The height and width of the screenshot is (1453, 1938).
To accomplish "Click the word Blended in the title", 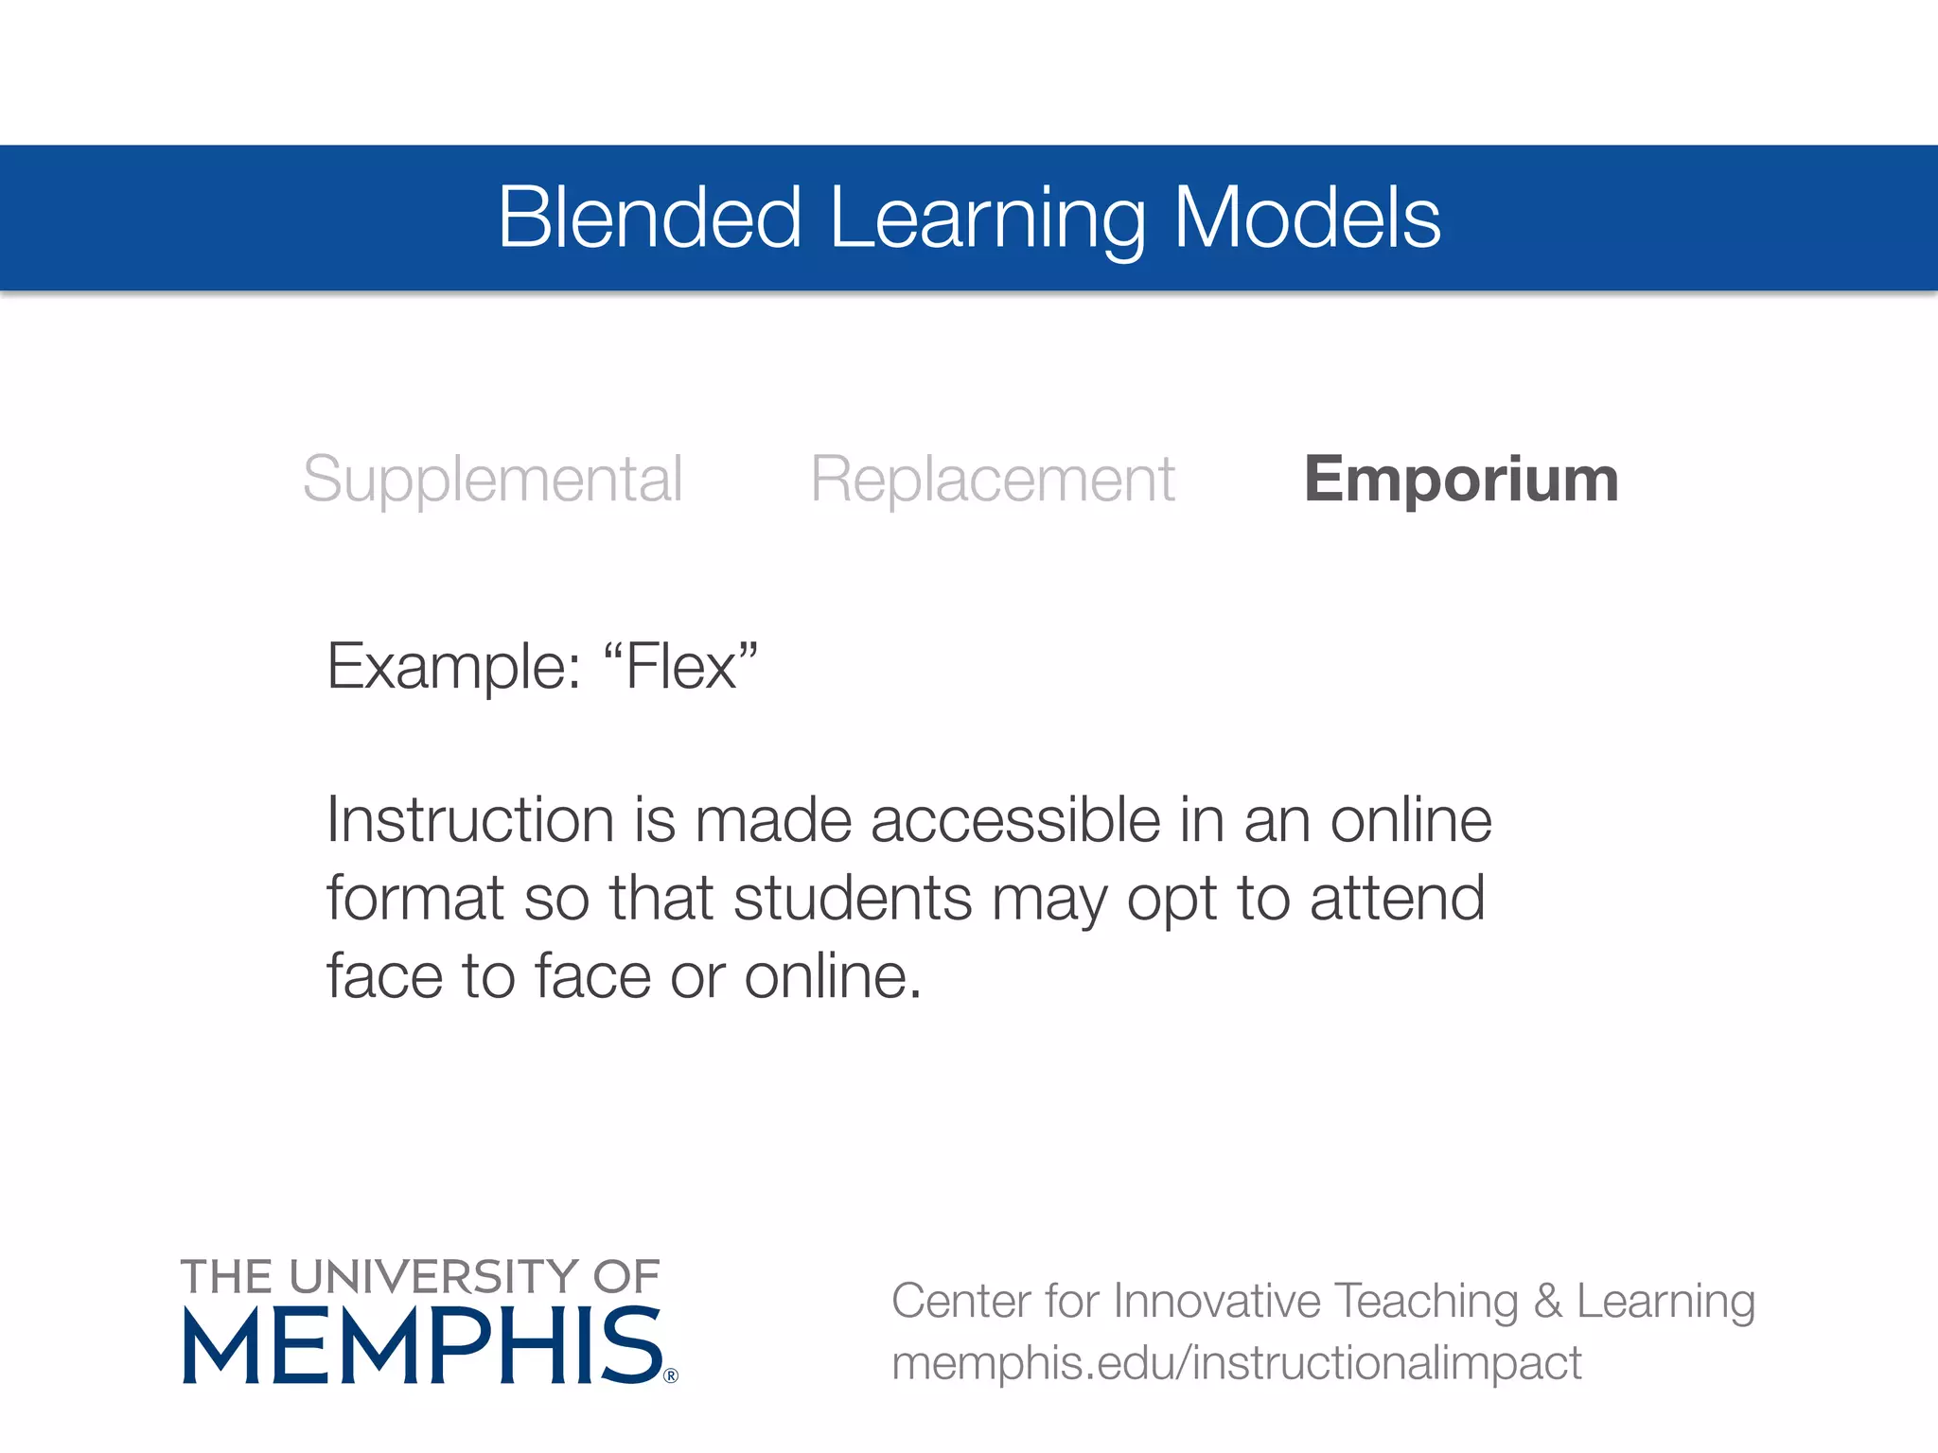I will coord(649,218).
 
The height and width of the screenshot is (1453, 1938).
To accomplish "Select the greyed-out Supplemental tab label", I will coord(492,481).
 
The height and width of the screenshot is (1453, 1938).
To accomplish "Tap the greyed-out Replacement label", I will coord(992,481).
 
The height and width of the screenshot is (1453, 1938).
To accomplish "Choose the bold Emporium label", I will coord(1461,479).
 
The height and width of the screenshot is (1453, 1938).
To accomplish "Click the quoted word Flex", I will coord(680,667).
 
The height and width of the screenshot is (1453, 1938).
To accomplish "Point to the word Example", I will coord(453,667).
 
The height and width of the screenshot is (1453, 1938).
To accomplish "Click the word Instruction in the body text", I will coord(470,819).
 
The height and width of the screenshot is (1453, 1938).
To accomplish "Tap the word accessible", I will coord(1014,819).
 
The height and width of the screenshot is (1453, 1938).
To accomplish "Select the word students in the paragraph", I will coord(853,898).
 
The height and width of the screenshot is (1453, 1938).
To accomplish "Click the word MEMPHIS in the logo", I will coord(422,1346).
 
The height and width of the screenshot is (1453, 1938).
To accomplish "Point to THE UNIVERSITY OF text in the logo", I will coord(420,1277).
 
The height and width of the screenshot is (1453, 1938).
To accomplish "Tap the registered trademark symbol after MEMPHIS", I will coord(671,1375).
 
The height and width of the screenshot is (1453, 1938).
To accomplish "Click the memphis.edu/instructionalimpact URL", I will coord(1236,1363).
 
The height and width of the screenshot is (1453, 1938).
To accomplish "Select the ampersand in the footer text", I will coord(1547,1301).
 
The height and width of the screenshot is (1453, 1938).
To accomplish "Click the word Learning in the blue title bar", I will coord(987,219).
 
